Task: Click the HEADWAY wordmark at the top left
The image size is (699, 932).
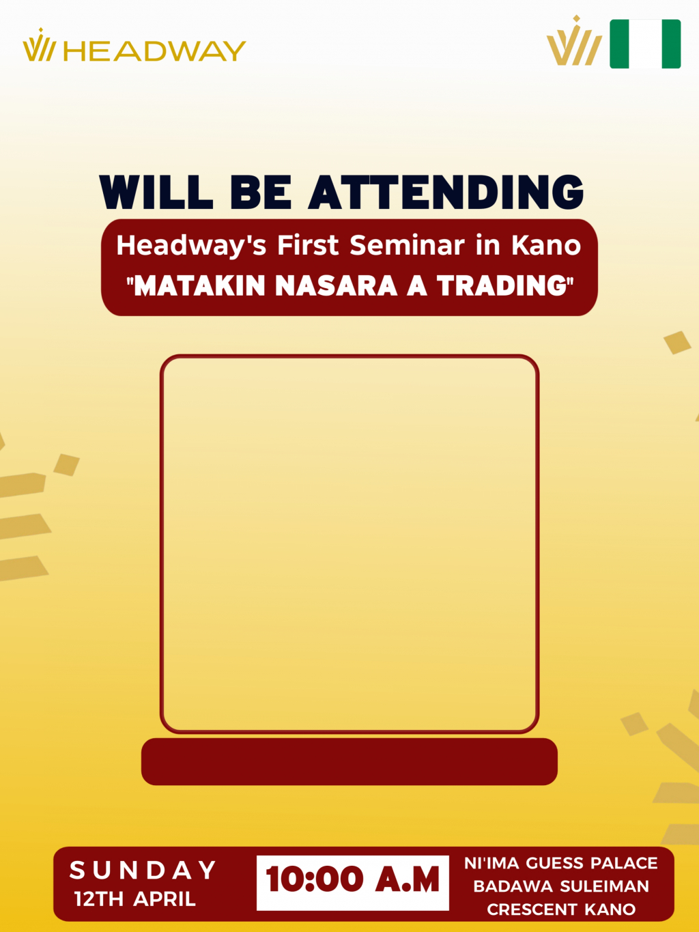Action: coord(154,51)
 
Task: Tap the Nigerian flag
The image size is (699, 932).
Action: coord(645,44)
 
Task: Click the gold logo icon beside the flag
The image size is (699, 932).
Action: coord(574,41)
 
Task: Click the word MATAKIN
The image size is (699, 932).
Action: coord(199,286)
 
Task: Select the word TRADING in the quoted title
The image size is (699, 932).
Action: coord(502,286)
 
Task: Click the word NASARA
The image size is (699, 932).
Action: coord(336,286)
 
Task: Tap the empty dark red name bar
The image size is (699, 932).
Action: coord(349,762)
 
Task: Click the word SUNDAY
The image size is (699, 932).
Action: coord(143,870)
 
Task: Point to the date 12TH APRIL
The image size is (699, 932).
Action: coord(135,899)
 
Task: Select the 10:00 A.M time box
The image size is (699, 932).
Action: coord(353,883)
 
